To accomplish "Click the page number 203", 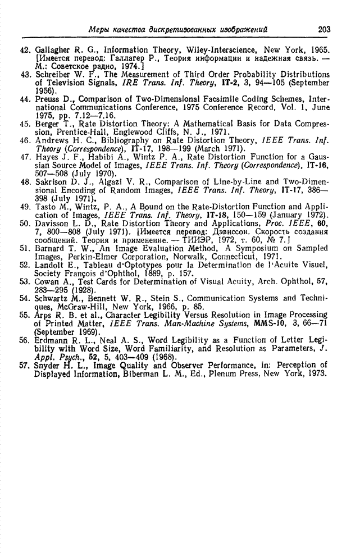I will pos(324,29).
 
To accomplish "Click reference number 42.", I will pos(25,49).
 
